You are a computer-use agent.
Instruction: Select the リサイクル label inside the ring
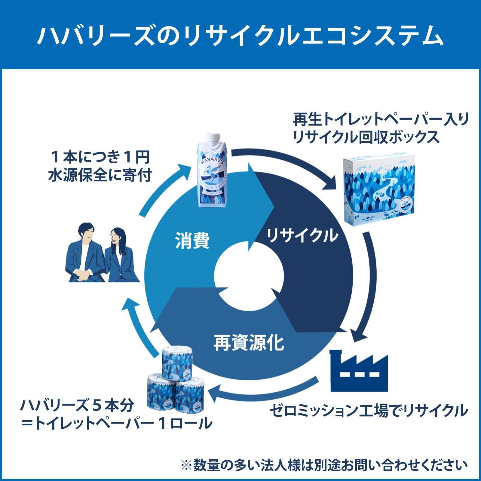[x=302, y=236]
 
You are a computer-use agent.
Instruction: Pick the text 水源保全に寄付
[x=99, y=176]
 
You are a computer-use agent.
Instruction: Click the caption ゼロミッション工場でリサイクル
[x=368, y=411]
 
